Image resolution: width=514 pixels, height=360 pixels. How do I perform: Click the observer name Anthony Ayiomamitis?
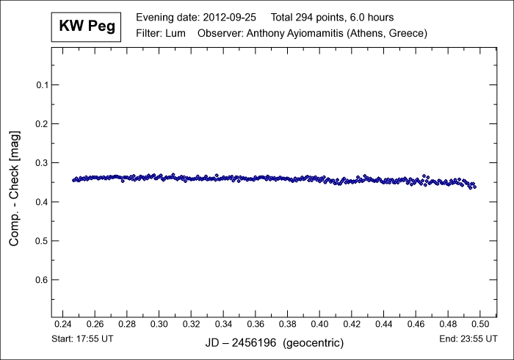coord(300,33)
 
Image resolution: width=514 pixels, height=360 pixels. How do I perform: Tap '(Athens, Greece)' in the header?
coord(389,33)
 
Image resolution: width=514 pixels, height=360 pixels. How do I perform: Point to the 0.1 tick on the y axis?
coord(42,84)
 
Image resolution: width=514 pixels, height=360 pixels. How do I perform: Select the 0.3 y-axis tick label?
coord(42,162)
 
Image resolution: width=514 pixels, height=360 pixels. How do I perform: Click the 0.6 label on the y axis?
coord(42,280)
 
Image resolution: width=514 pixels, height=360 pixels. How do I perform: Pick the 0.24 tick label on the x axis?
coord(64,323)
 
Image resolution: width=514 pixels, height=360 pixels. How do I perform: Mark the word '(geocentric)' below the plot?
coord(314,343)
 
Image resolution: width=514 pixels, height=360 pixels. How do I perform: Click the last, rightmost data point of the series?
coord(474,187)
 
